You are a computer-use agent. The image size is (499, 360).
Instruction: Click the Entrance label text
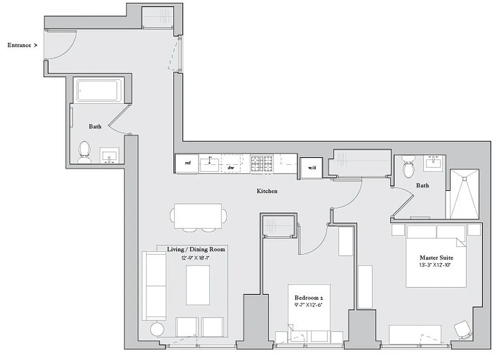click(19, 45)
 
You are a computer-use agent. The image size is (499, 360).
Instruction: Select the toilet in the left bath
click(84, 153)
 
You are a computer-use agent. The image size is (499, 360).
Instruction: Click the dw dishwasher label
click(231, 167)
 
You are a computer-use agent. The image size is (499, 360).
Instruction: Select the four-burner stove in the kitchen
click(262, 163)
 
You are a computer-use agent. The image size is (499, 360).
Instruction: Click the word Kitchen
click(267, 191)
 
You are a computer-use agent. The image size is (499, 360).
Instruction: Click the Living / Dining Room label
click(196, 249)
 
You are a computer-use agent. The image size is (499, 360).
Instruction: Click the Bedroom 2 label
click(309, 298)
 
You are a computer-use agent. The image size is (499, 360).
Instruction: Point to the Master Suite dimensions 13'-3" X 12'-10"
click(436, 265)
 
